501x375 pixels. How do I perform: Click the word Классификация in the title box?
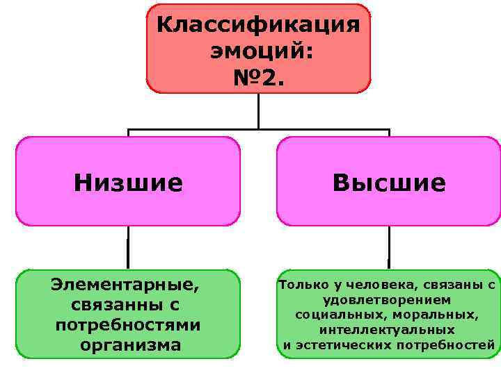tap(258, 25)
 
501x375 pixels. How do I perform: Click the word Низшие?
tap(128, 183)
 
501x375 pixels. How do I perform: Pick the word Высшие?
tap(389, 183)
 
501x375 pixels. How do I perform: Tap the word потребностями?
tap(127, 324)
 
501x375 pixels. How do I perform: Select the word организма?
tap(130, 344)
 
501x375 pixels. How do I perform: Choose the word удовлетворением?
tap(387, 299)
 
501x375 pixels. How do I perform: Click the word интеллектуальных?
tap(387, 330)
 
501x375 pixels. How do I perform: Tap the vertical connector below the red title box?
tap(259, 111)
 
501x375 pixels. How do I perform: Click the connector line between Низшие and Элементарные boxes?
tap(128, 247)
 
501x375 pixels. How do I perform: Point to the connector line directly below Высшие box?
tap(389, 247)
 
